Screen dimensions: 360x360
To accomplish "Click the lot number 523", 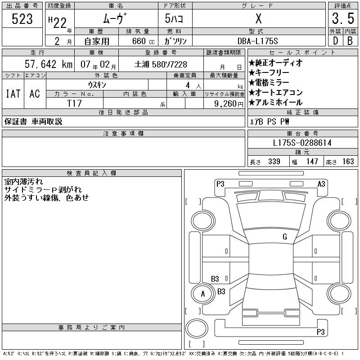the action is click(22, 19).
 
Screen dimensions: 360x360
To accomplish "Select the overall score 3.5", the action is click(343, 18).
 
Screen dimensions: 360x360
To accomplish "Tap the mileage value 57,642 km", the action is click(49, 64).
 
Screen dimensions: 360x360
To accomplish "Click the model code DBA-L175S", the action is click(258, 41).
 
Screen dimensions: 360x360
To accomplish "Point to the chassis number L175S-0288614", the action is click(302, 143).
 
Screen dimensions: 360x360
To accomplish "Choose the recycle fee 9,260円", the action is click(229, 103).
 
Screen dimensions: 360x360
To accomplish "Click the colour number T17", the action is click(74, 103).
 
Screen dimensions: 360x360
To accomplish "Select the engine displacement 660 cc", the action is click(143, 41).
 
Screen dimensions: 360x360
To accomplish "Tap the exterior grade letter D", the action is click(335, 41).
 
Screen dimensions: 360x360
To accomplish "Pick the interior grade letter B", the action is click(350, 41).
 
